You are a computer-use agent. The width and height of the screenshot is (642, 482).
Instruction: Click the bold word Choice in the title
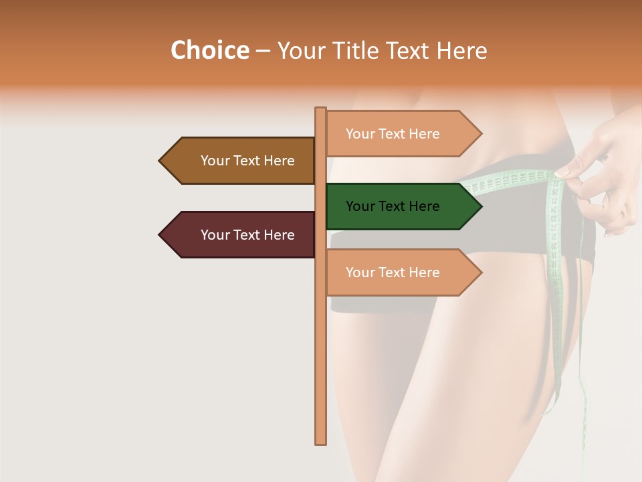click(x=209, y=50)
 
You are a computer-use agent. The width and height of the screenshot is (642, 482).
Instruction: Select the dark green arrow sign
click(x=401, y=206)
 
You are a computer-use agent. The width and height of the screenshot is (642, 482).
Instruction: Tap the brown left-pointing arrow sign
click(x=241, y=161)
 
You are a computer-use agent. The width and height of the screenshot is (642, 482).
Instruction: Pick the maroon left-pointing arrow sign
click(x=241, y=235)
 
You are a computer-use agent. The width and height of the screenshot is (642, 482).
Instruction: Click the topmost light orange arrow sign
click(x=401, y=134)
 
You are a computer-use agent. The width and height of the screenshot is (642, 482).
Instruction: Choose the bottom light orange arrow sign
click(x=401, y=272)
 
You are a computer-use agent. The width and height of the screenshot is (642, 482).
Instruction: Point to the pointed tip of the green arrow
click(x=480, y=206)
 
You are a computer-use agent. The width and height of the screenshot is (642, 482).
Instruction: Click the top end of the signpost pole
click(x=320, y=109)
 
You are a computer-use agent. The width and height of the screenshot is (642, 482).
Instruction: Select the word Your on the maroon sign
click(x=215, y=235)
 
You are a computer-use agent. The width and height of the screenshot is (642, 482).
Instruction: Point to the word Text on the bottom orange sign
click(x=393, y=272)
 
